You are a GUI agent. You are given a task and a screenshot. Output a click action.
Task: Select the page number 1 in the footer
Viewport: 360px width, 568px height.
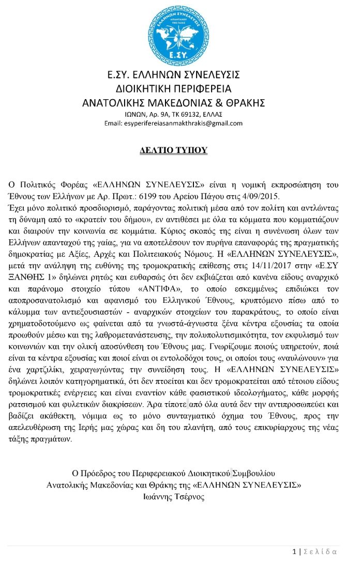click(x=294, y=551)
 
